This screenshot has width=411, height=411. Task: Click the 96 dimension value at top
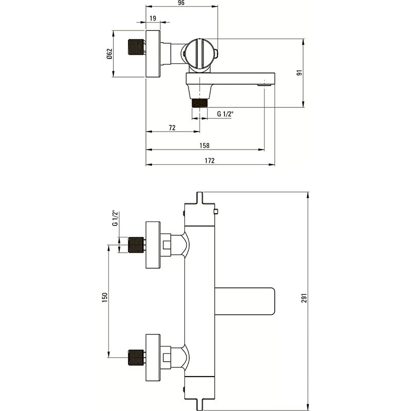[181, 3]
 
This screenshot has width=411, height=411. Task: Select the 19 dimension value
[153, 18]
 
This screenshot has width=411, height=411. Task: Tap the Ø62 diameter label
[109, 54]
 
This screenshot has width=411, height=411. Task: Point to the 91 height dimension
[300, 72]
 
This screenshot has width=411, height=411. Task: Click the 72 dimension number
[172, 127]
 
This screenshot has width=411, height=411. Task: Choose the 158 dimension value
[204, 145]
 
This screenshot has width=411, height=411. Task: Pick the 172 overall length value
[210, 160]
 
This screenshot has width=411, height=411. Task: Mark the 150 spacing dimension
[105, 298]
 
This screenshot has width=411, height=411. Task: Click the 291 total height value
[304, 298]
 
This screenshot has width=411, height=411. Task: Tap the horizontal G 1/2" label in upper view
[225, 114]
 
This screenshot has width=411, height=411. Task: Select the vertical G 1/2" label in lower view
[115, 218]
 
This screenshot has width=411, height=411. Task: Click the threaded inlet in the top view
[136, 47]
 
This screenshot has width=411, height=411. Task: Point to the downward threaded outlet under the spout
[200, 103]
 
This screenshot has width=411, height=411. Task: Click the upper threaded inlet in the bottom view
[136, 245]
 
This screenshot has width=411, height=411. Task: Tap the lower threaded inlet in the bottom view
[136, 357]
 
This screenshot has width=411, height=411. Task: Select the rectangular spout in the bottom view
[245, 302]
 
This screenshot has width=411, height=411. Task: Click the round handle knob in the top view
[199, 54]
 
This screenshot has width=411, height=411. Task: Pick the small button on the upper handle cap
[216, 212]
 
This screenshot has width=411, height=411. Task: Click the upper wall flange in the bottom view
[153, 245]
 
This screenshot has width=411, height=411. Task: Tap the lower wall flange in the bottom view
[153, 358]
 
